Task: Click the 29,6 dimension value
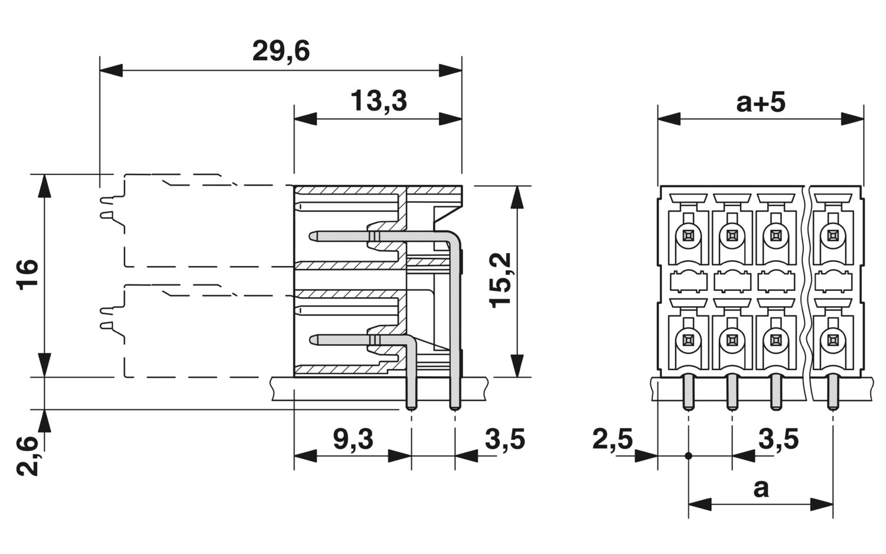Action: [281, 51]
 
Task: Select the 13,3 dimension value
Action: [379, 101]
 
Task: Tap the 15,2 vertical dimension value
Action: [501, 280]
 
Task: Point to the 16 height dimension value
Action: [27, 275]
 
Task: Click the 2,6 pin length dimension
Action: [27, 455]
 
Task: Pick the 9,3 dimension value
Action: [353, 439]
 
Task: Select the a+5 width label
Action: [761, 102]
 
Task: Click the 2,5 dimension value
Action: [613, 439]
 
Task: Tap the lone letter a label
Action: [761, 490]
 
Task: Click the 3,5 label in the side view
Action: [505, 439]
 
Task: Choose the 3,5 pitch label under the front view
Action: [778, 439]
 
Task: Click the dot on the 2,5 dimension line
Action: [689, 456]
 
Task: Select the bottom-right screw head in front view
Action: [833, 340]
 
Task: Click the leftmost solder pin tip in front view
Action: [689, 407]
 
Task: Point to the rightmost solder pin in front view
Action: [833, 392]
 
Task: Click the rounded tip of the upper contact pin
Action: [312, 237]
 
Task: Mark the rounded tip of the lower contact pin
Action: [313, 340]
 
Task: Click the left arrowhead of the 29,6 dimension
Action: [111, 70]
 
